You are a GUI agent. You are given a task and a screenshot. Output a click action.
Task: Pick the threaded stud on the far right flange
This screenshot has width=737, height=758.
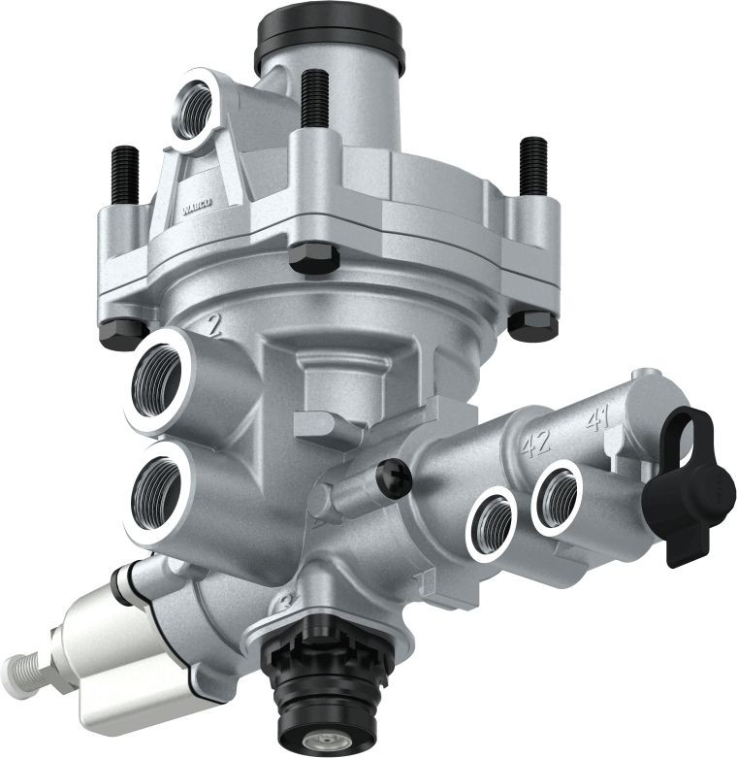533,164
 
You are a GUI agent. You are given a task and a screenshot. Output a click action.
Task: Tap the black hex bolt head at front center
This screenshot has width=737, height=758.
314,257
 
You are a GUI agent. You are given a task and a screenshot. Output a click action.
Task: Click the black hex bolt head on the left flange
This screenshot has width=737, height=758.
122,332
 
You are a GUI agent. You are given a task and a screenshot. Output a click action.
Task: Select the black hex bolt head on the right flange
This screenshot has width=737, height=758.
532,325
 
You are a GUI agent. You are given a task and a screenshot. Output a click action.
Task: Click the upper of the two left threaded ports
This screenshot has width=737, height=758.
160,378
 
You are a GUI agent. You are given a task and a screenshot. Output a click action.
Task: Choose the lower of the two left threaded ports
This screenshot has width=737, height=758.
156,492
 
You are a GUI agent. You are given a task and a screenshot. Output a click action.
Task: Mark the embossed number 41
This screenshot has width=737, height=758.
596,420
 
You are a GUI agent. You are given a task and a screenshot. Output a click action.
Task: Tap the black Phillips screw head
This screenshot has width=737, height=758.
394,477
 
